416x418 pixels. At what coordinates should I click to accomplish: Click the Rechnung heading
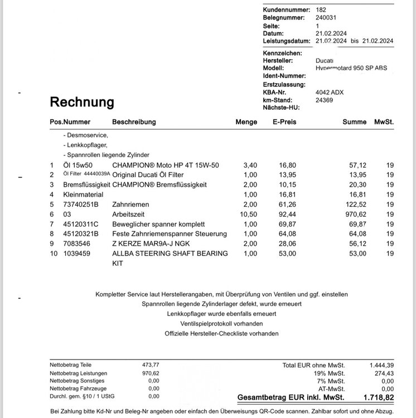pos(82,102)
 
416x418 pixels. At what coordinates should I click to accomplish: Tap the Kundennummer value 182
pos(321,9)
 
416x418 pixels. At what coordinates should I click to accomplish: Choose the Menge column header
pos(246,122)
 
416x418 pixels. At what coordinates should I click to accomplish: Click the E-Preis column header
pos(284,122)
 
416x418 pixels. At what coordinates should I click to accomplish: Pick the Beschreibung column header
pos(134,122)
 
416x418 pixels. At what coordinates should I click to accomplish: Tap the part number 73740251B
pos(81,204)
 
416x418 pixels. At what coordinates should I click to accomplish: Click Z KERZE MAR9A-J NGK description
pos(151,243)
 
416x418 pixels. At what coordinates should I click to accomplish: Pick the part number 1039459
pos(78,254)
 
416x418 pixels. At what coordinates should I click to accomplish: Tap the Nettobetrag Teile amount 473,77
pos(151,364)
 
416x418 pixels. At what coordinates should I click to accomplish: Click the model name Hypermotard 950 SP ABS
pos(351,68)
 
